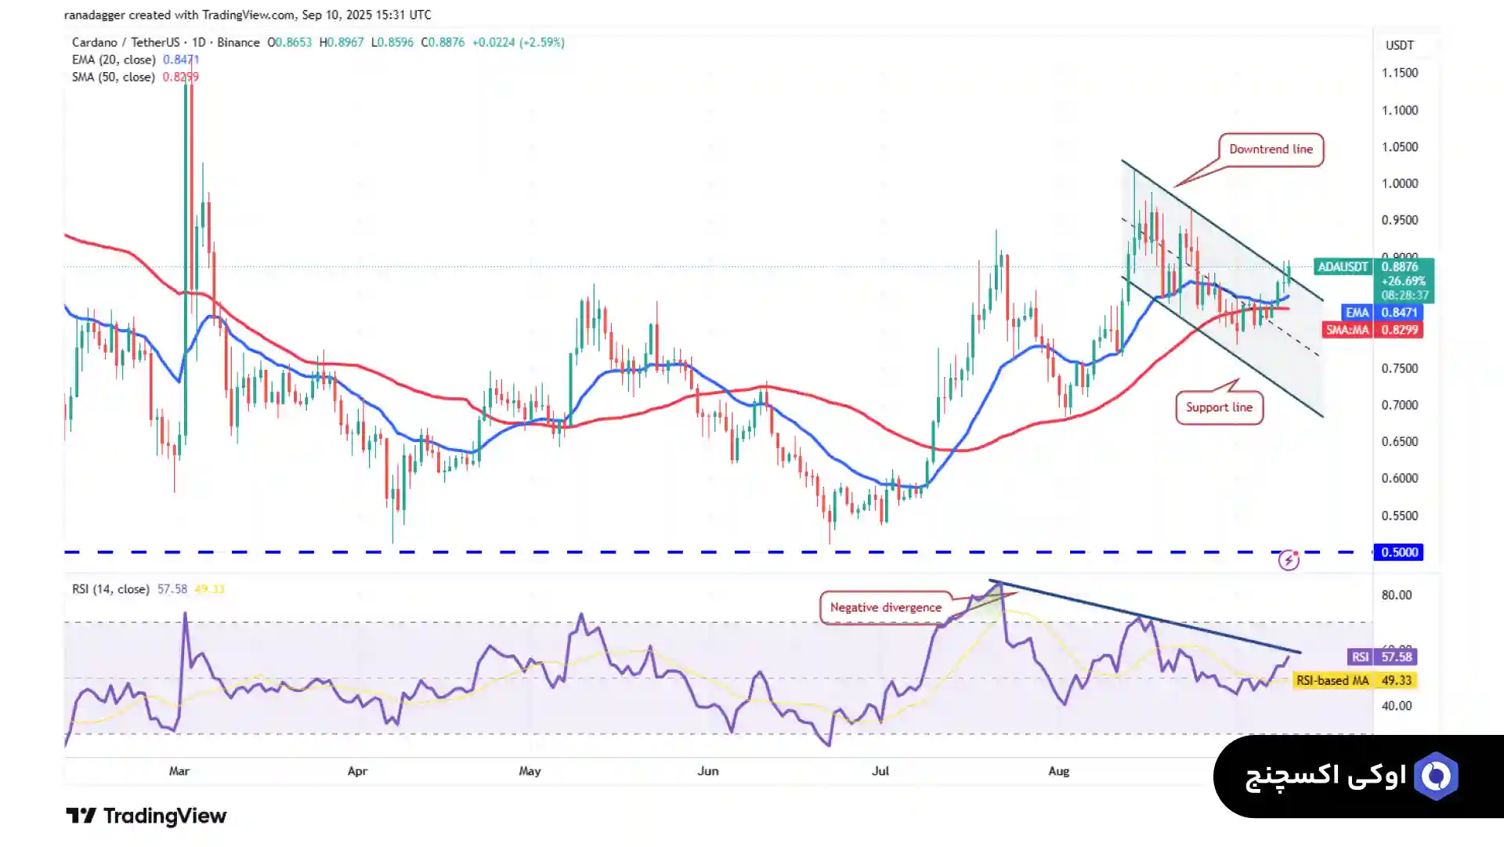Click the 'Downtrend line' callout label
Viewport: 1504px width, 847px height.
click(1271, 150)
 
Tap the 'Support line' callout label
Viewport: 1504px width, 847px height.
click(1219, 407)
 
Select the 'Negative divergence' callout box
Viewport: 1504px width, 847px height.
click(885, 607)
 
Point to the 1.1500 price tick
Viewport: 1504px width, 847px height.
click(1399, 73)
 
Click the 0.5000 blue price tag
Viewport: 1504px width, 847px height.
click(1399, 552)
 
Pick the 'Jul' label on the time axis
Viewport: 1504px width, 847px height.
click(880, 771)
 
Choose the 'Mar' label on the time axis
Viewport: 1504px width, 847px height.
click(179, 771)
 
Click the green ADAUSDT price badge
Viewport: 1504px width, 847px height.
click(1374, 280)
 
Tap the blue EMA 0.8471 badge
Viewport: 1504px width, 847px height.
click(1382, 313)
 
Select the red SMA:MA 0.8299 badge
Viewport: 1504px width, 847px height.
click(1372, 330)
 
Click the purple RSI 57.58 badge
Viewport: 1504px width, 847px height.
click(1381, 657)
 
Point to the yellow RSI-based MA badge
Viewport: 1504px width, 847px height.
click(1354, 680)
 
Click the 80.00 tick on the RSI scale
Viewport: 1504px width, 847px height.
click(1396, 595)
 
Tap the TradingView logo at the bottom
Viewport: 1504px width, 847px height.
click(146, 816)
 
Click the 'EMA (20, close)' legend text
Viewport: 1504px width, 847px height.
click(114, 60)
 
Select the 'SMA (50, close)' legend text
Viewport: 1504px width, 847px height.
click(114, 77)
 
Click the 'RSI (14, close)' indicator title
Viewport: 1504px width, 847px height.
click(110, 589)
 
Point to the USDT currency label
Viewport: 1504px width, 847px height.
click(1399, 45)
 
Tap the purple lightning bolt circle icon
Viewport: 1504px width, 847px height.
click(1289, 560)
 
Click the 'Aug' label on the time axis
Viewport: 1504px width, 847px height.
click(1058, 771)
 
